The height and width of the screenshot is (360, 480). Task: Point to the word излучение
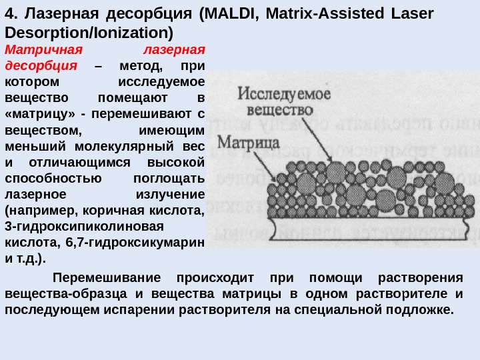[169, 194]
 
